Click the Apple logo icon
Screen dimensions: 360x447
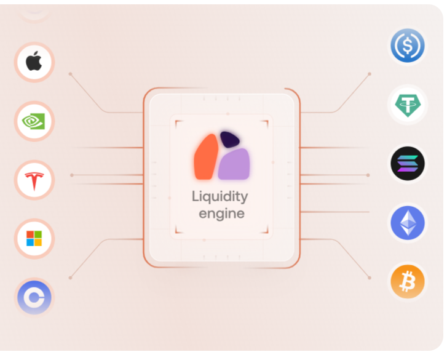[34, 62]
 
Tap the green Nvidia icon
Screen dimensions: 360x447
[34, 121]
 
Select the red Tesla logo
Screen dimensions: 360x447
[34, 180]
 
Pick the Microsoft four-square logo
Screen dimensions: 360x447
[34, 239]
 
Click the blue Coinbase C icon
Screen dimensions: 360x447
[34, 298]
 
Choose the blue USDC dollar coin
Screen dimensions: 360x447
[408, 46]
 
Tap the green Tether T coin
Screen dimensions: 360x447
[408, 105]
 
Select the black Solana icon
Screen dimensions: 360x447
[408, 164]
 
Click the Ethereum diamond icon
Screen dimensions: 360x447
[408, 223]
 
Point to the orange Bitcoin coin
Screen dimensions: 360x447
[408, 282]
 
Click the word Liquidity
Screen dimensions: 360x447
[220, 197]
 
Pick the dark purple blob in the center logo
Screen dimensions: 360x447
[229, 140]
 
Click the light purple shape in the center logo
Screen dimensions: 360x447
[234, 164]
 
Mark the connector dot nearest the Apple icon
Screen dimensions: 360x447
[70, 74]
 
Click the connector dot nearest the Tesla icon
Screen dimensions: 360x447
[72, 175]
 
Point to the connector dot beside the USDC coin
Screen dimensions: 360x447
[370, 74]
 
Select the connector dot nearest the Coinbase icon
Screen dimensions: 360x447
[70, 278]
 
